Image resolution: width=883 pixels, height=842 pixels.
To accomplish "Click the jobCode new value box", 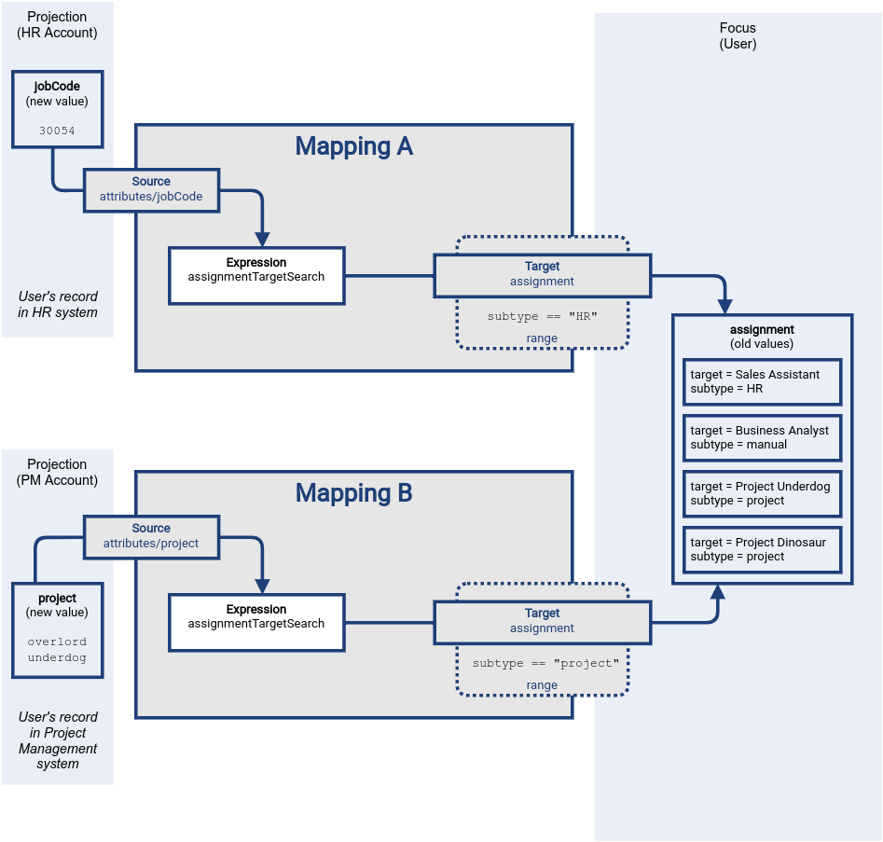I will pos(57,108).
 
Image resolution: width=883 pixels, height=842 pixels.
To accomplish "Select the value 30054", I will pos(57,131).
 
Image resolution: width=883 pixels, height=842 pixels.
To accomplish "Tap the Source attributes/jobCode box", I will pos(151,189).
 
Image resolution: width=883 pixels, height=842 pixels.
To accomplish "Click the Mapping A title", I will pos(353,146).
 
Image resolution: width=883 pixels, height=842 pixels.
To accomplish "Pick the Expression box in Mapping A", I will pos(256,275).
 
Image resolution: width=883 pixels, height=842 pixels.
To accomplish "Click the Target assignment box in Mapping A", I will pos(542,274).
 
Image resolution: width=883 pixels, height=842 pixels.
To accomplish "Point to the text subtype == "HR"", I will pos(542,317).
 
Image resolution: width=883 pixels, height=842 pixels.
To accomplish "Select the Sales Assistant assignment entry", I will pos(762,381).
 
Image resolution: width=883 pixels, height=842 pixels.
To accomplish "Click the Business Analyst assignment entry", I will pos(762,437).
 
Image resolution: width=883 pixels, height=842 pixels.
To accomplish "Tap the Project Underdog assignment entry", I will pos(762,493).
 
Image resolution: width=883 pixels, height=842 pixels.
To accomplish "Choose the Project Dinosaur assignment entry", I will pos(762,549).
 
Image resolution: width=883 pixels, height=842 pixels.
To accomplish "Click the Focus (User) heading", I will pos(738,35).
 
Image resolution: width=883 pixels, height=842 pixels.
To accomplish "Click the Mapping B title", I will pos(353,493).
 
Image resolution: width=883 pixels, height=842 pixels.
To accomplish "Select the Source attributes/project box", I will pos(151,536).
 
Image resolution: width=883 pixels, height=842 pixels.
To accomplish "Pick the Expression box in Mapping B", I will pos(256,623).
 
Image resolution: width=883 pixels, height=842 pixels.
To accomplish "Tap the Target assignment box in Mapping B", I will pos(542,621).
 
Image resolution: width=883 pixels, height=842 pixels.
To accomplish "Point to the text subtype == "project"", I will pos(545,664).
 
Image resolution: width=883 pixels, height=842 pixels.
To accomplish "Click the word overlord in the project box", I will pos(57,642).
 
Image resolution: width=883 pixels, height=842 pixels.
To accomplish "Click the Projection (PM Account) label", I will pos(57,472).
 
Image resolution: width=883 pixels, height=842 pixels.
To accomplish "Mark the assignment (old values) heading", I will pos(762,336).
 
